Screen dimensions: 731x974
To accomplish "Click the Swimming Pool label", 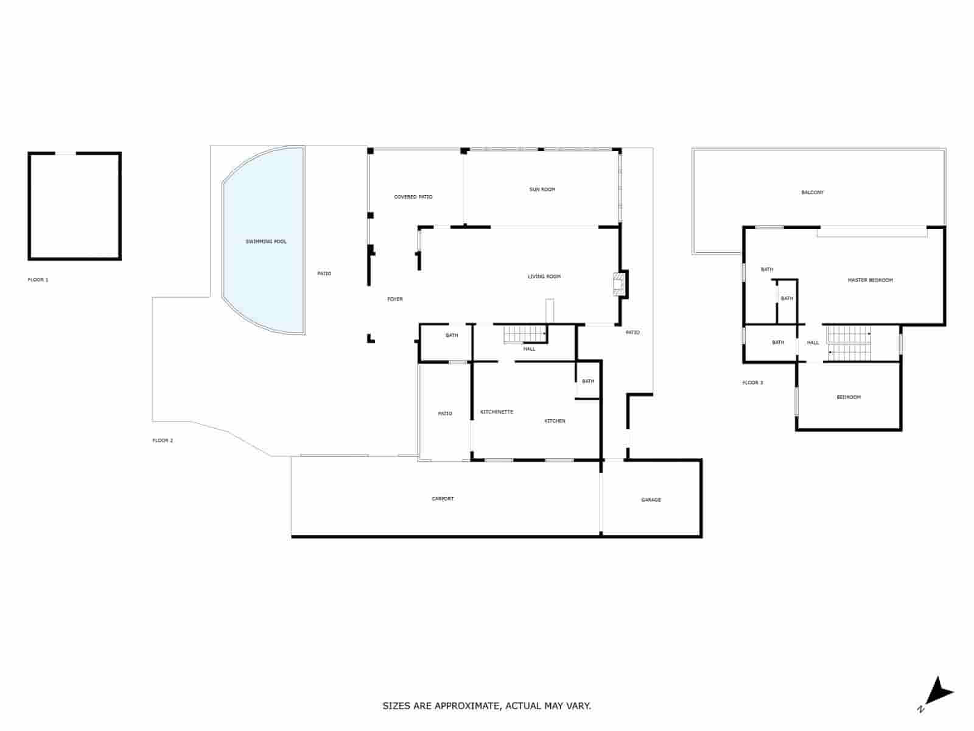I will coord(266,242).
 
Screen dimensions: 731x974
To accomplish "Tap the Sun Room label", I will coord(542,189).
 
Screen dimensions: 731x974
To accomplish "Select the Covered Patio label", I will coord(413,197).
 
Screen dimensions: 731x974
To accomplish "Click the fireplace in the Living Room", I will coord(618,284).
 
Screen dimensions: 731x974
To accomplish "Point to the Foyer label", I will coord(395,299).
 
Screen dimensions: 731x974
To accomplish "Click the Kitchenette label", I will coord(497,412).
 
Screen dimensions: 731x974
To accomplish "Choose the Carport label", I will coord(443,499).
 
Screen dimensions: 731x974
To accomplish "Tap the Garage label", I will coord(651,500).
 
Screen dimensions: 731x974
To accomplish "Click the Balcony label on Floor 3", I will coord(812,192).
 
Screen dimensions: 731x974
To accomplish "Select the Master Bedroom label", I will coord(870,280).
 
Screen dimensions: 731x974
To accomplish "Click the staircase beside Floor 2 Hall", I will coord(524,334).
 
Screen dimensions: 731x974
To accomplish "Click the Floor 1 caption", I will coord(38,280).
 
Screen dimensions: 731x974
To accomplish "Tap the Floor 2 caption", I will coord(163,440).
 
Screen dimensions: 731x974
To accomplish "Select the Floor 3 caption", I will coord(752,383).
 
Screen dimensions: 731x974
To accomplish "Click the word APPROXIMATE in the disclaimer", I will coord(468,706).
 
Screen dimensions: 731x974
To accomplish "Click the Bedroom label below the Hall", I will coord(848,397).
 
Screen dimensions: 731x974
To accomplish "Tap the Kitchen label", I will coord(555,421).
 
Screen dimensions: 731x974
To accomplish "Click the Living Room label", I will coord(544,277).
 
